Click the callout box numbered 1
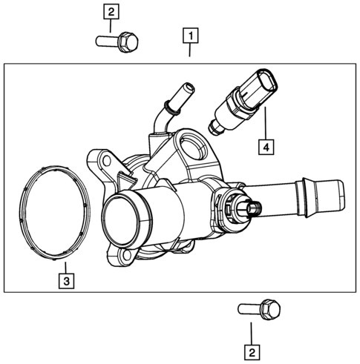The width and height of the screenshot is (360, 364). point(190,36)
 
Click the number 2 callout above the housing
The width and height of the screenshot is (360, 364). point(111,12)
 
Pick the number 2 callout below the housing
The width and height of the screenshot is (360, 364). point(252,353)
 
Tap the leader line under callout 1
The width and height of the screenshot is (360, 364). point(190,51)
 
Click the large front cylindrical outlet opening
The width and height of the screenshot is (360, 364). point(121,218)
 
